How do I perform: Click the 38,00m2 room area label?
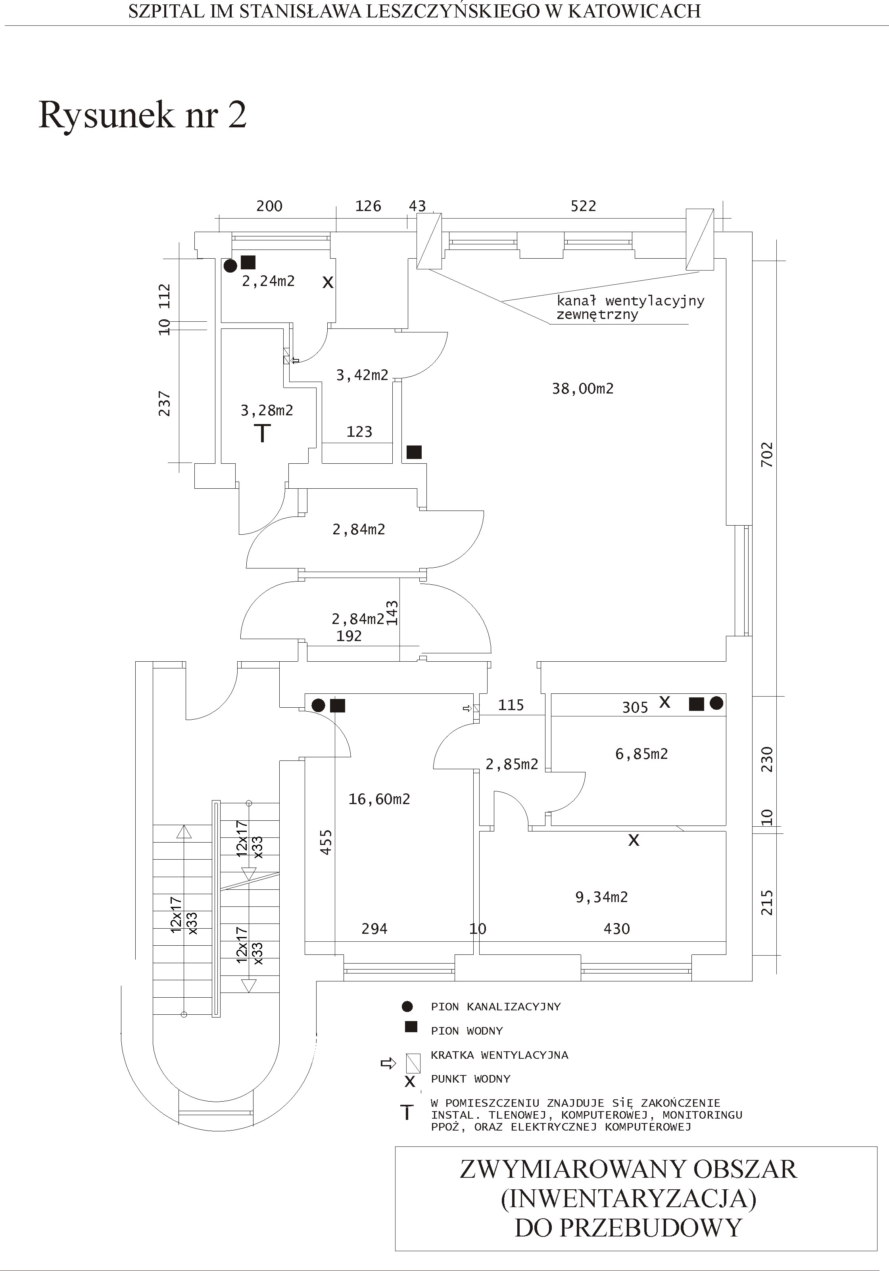coord(582,389)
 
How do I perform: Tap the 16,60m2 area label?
coord(379,799)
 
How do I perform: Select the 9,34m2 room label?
coord(602,897)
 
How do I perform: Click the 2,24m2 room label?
coord(269,281)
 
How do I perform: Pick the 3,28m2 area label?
coord(267,410)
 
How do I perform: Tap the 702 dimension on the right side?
coord(767,455)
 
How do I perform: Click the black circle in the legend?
coord(407,1006)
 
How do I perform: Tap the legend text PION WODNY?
coord(467,1031)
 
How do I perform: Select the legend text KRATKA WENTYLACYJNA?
coord(499,1055)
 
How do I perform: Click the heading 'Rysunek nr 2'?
coord(142,115)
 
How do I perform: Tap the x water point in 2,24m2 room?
coord(328,282)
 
